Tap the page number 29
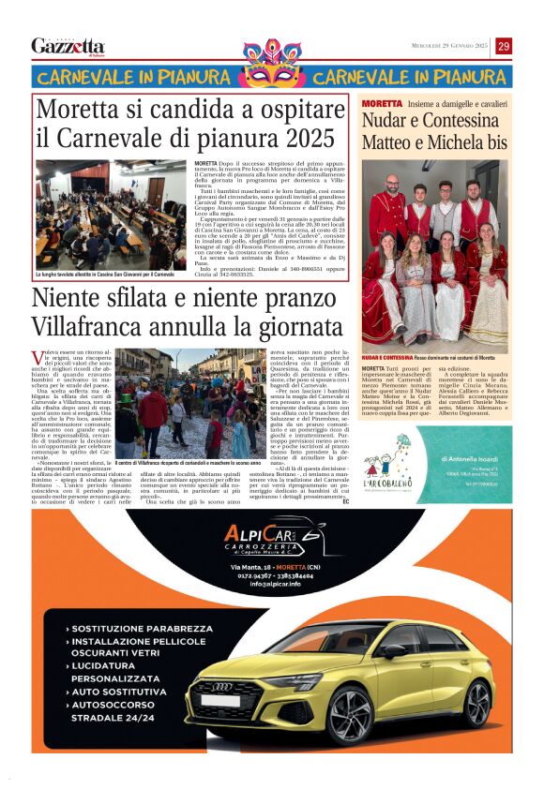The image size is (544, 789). [504, 46]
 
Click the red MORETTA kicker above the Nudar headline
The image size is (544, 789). [381, 103]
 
